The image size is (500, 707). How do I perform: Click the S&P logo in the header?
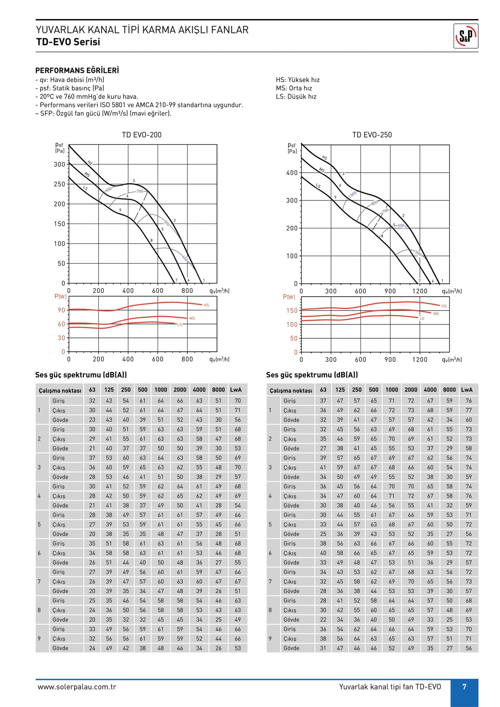[465, 36]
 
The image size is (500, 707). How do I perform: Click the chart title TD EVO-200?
[142, 135]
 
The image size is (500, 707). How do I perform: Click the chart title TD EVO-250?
[372, 135]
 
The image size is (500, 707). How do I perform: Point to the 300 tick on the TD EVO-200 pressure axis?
[59, 164]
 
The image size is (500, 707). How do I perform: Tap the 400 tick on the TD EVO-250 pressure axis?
[292, 173]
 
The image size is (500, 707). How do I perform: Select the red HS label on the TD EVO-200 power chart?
[206, 305]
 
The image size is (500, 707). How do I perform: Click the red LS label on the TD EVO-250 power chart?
[422, 318]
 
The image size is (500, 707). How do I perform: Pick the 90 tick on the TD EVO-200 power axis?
[61, 310]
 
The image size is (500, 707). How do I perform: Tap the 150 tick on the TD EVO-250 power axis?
[292, 311]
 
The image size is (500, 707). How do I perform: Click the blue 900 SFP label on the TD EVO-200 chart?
[108, 189]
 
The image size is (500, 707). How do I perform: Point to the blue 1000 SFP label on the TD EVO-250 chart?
[352, 194]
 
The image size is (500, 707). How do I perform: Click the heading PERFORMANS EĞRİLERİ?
[77, 70]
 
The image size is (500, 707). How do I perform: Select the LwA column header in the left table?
[236, 390]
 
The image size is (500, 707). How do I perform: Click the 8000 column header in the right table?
[449, 390]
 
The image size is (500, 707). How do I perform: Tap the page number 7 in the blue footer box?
[464, 686]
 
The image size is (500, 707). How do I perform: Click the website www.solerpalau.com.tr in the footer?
[77, 687]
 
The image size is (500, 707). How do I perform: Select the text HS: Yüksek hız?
[297, 80]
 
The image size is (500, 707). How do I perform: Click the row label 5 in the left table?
[39, 524]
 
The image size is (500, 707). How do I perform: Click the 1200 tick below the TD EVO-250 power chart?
[419, 360]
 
